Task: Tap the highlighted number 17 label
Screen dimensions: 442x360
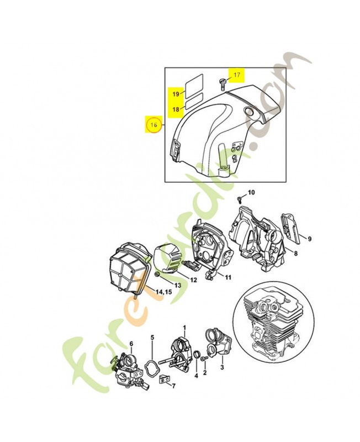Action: point(237,75)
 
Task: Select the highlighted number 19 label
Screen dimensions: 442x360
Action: point(176,94)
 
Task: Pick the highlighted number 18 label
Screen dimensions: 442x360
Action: point(176,109)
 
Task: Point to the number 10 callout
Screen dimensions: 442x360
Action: point(251,192)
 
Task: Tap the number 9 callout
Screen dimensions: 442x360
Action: point(309,239)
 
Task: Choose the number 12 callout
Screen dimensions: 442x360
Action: point(193,280)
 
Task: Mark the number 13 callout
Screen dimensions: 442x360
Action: point(178,285)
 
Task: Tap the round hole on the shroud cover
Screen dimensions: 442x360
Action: point(248,113)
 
